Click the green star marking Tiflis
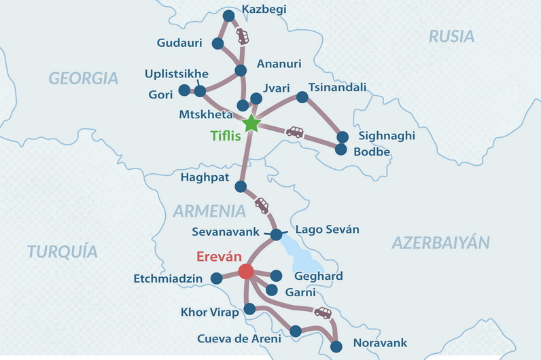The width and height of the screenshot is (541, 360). [x=251, y=123]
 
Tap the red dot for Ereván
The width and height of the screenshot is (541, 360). [x=246, y=272]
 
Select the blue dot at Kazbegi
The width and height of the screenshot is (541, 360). [x=228, y=16]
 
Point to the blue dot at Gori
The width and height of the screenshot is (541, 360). [x=184, y=90]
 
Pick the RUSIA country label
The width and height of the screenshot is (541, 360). [x=451, y=37]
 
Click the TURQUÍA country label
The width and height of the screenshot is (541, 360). [x=63, y=252]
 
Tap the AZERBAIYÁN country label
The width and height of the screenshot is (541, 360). [x=440, y=242]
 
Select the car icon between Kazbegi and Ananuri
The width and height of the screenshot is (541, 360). [x=242, y=36]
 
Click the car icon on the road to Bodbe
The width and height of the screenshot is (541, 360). [x=294, y=132]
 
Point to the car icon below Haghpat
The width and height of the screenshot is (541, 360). [x=261, y=204]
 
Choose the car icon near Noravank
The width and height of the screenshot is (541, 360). [x=323, y=312]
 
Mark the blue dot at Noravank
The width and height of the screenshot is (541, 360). [x=336, y=347]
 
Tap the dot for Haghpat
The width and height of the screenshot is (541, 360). [x=240, y=186]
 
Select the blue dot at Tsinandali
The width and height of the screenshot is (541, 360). [x=302, y=97]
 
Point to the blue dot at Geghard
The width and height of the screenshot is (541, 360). [x=276, y=276]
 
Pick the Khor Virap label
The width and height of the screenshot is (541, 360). [x=209, y=312]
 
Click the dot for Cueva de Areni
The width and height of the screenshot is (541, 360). [x=295, y=331]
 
